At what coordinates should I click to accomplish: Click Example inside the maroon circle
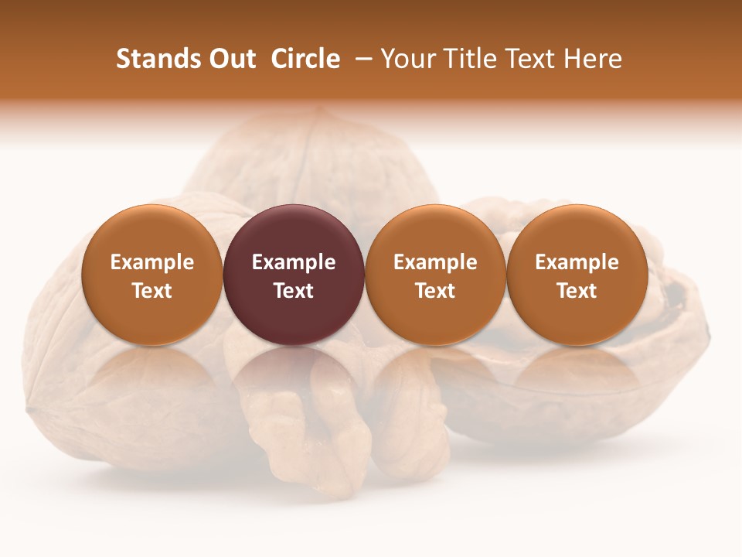pyautogui.click(x=294, y=262)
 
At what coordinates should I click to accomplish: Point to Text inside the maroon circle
pyautogui.click(x=294, y=291)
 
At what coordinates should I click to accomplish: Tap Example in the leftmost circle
pyautogui.click(x=151, y=262)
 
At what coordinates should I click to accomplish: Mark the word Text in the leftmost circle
pyautogui.click(x=151, y=291)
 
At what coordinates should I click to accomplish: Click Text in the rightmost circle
pyautogui.click(x=577, y=291)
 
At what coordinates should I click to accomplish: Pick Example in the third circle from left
pyautogui.click(x=435, y=262)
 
